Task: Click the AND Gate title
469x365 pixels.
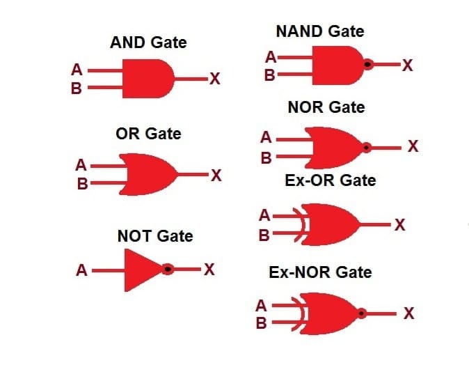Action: pyautogui.click(x=148, y=42)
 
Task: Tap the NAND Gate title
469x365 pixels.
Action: pyautogui.click(x=320, y=31)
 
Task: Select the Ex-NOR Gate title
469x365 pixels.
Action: pyautogui.click(x=320, y=272)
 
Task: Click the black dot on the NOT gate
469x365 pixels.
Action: pyautogui.click(x=168, y=269)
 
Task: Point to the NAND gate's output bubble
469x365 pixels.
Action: pyautogui.click(x=368, y=64)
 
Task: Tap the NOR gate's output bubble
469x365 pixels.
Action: pyautogui.click(x=367, y=148)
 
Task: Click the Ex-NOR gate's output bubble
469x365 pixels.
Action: pyautogui.click(x=362, y=313)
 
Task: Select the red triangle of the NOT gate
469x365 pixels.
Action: pyautogui.click(x=142, y=270)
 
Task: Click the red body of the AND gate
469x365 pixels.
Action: pyautogui.click(x=148, y=79)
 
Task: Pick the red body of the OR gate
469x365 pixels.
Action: pyautogui.click(x=149, y=175)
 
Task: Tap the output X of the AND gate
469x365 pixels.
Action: pyautogui.click(x=215, y=79)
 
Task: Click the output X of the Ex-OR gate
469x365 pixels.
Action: pyautogui.click(x=399, y=224)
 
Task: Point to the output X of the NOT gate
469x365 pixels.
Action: pyautogui.click(x=209, y=269)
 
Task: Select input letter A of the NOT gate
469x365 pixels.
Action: pyautogui.click(x=81, y=270)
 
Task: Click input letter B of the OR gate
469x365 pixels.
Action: pyautogui.click(x=83, y=184)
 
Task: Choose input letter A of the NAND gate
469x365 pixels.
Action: pyautogui.click(x=271, y=57)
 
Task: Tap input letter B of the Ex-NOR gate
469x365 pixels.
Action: pyautogui.click(x=261, y=323)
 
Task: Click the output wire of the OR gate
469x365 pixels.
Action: pyautogui.click(x=193, y=174)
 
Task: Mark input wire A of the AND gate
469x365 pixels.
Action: pyautogui.click(x=105, y=70)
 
